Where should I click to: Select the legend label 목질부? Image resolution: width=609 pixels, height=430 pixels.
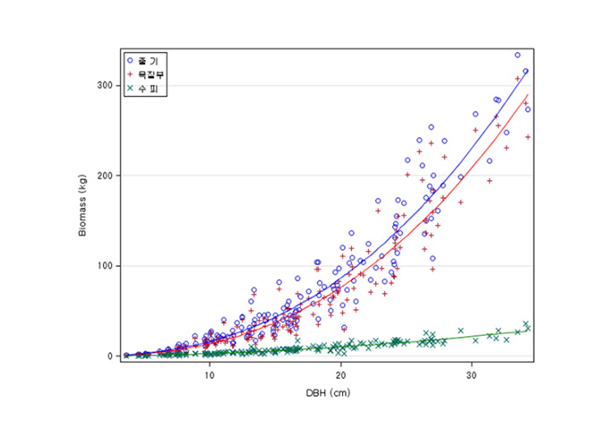pyautogui.click(x=150, y=73)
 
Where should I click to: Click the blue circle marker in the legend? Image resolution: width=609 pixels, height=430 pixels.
pyautogui.click(x=131, y=60)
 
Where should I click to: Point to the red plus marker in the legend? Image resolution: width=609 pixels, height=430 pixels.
pyautogui.click(x=131, y=73)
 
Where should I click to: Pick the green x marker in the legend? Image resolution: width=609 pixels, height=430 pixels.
pyautogui.click(x=131, y=87)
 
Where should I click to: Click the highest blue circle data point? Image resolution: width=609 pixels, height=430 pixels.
pyautogui.click(x=518, y=55)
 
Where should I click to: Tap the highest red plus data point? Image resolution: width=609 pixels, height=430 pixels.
pyautogui.click(x=518, y=79)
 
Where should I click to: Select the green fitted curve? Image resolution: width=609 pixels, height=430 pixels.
pyautogui.click(x=448, y=338)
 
